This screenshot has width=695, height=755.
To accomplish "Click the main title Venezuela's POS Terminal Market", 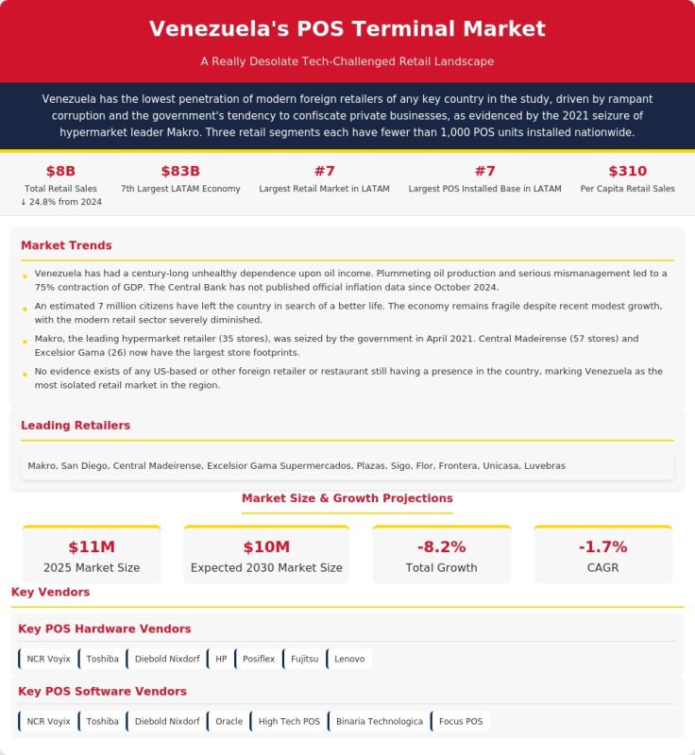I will tap(347, 28).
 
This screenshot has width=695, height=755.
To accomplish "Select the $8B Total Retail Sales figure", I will tap(60, 171).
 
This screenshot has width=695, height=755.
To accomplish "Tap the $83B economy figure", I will tap(180, 171).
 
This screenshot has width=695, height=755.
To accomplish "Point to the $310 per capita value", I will tap(627, 171).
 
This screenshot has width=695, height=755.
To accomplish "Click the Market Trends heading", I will tap(66, 245).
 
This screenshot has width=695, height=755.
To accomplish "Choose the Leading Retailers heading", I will tap(76, 426).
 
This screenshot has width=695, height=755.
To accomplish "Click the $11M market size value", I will tap(92, 547).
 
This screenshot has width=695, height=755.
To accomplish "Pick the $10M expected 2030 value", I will tap(266, 547).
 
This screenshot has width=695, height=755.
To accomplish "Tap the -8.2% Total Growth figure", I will tap(441, 547).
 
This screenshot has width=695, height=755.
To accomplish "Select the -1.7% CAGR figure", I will tap(602, 547).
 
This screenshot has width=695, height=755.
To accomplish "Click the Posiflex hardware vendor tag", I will tap(258, 659).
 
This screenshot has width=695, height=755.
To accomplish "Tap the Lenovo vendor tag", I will tap(348, 659).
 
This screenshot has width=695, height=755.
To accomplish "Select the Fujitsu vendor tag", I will tap(304, 659).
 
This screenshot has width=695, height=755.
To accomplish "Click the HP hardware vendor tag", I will tap(220, 659).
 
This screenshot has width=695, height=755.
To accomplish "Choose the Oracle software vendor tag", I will tap(229, 722).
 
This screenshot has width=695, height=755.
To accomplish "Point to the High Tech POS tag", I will tap(288, 722).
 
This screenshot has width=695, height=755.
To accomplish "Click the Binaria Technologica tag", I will tap(379, 722).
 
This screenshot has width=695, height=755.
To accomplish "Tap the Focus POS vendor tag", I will tap(460, 722).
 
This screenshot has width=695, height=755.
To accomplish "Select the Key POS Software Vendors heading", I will tap(102, 692).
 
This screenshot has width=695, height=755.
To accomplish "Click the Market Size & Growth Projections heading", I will tap(347, 498).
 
